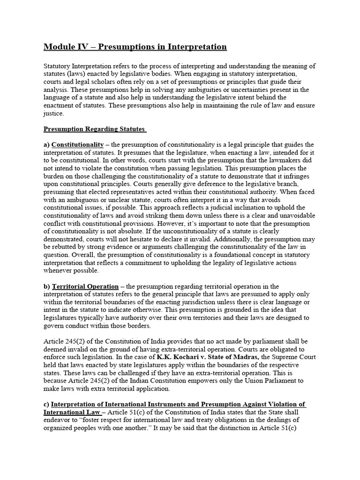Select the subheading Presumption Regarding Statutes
(94, 129)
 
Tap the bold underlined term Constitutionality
(77, 144)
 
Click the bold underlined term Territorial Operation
(85, 286)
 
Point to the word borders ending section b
(139, 326)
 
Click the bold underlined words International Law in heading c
(72, 412)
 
